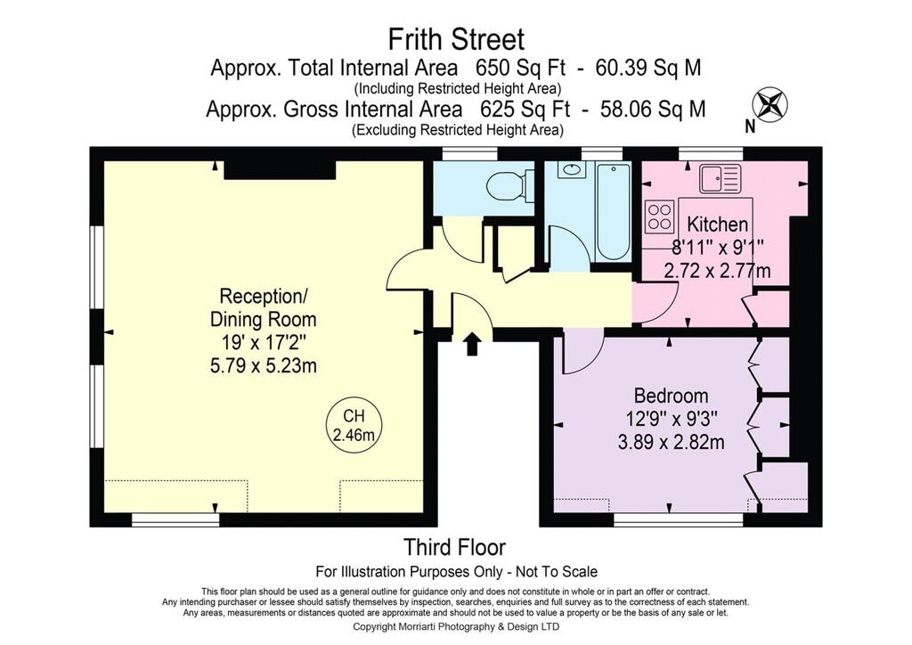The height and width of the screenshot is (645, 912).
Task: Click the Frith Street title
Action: pyautogui.click(x=456, y=40)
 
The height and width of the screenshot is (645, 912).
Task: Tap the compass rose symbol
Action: pyautogui.click(x=770, y=105)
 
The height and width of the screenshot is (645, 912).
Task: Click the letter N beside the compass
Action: pyautogui.click(x=750, y=127)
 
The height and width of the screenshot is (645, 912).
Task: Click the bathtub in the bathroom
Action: pyautogui.click(x=613, y=213)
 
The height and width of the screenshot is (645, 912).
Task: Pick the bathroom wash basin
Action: pyautogui.click(x=572, y=169)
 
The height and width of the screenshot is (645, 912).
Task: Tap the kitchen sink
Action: pyautogui.click(x=720, y=178)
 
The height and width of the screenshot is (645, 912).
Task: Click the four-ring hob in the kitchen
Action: pyautogui.click(x=660, y=216)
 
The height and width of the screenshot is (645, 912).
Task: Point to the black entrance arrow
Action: pyautogui.click(x=472, y=343)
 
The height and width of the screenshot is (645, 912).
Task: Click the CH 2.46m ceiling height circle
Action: pyautogui.click(x=354, y=425)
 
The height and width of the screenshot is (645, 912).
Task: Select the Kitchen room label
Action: pyautogui.click(x=717, y=224)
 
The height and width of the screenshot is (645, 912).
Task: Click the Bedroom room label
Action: pyautogui.click(x=671, y=396)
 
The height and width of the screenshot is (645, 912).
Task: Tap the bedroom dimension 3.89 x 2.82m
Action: pyautogui.click(x=672, y=443)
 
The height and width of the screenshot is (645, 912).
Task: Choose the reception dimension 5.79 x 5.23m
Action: pyautogui.click(x=263, y=366)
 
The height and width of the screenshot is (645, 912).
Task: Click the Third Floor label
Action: pyautogui.click(x=454, y=547)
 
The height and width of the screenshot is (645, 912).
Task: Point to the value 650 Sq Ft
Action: pyautogui.click(x=520, y=68)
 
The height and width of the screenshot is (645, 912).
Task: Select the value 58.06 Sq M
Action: pyautogui.click(x=653, y=109)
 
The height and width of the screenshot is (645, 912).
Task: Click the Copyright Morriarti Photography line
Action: pyautogui.click(x=456, y=626)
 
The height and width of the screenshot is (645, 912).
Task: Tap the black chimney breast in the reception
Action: pyautogui.click(x=280, y=170)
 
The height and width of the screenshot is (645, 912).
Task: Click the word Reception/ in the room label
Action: pyautogui.click(x=263, y=296)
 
